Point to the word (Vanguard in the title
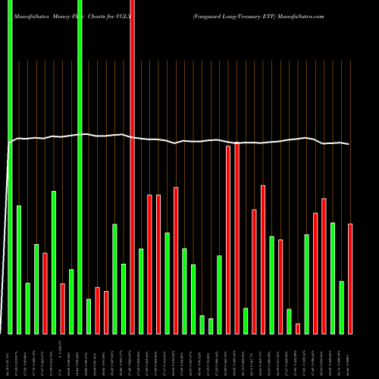pyautogui.click(x=210, y=15)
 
